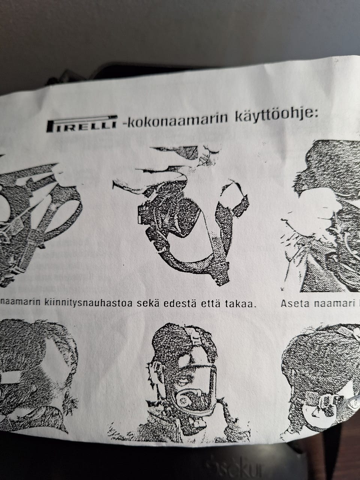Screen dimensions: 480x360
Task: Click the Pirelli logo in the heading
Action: (82, 125)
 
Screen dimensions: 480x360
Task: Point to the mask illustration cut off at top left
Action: (37, 221)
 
